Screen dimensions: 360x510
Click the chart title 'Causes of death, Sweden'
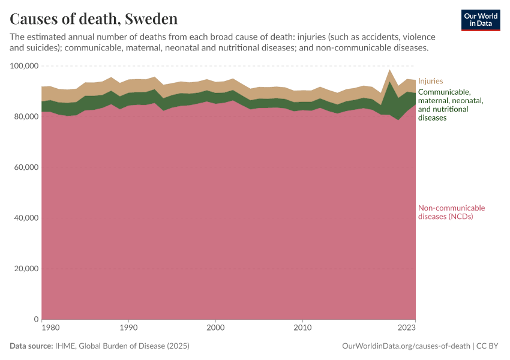pyautogui.click(x=94, y=18)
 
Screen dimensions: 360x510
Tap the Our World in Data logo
pyautogui.click(x=481, y=20)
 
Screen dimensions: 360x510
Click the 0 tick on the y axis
pyautogui.click(x=36, y=319)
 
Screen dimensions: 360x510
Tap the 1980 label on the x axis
pyautogui.click(x=50, y=328)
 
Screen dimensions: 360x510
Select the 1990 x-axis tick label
pyautogui.click(x=128, y=328)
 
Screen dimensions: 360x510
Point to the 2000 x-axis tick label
pyautogui.click(x=215, y=328)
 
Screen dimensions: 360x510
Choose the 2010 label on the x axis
pyautogui.click(x=302, y=328)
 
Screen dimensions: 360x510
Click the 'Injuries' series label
pyautogui.click(x=430, y=80)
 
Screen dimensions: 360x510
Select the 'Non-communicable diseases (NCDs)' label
pyautogui.click(x=451, y=212)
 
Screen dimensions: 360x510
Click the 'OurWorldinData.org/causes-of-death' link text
pyautogui.click(x=405, y=346)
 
